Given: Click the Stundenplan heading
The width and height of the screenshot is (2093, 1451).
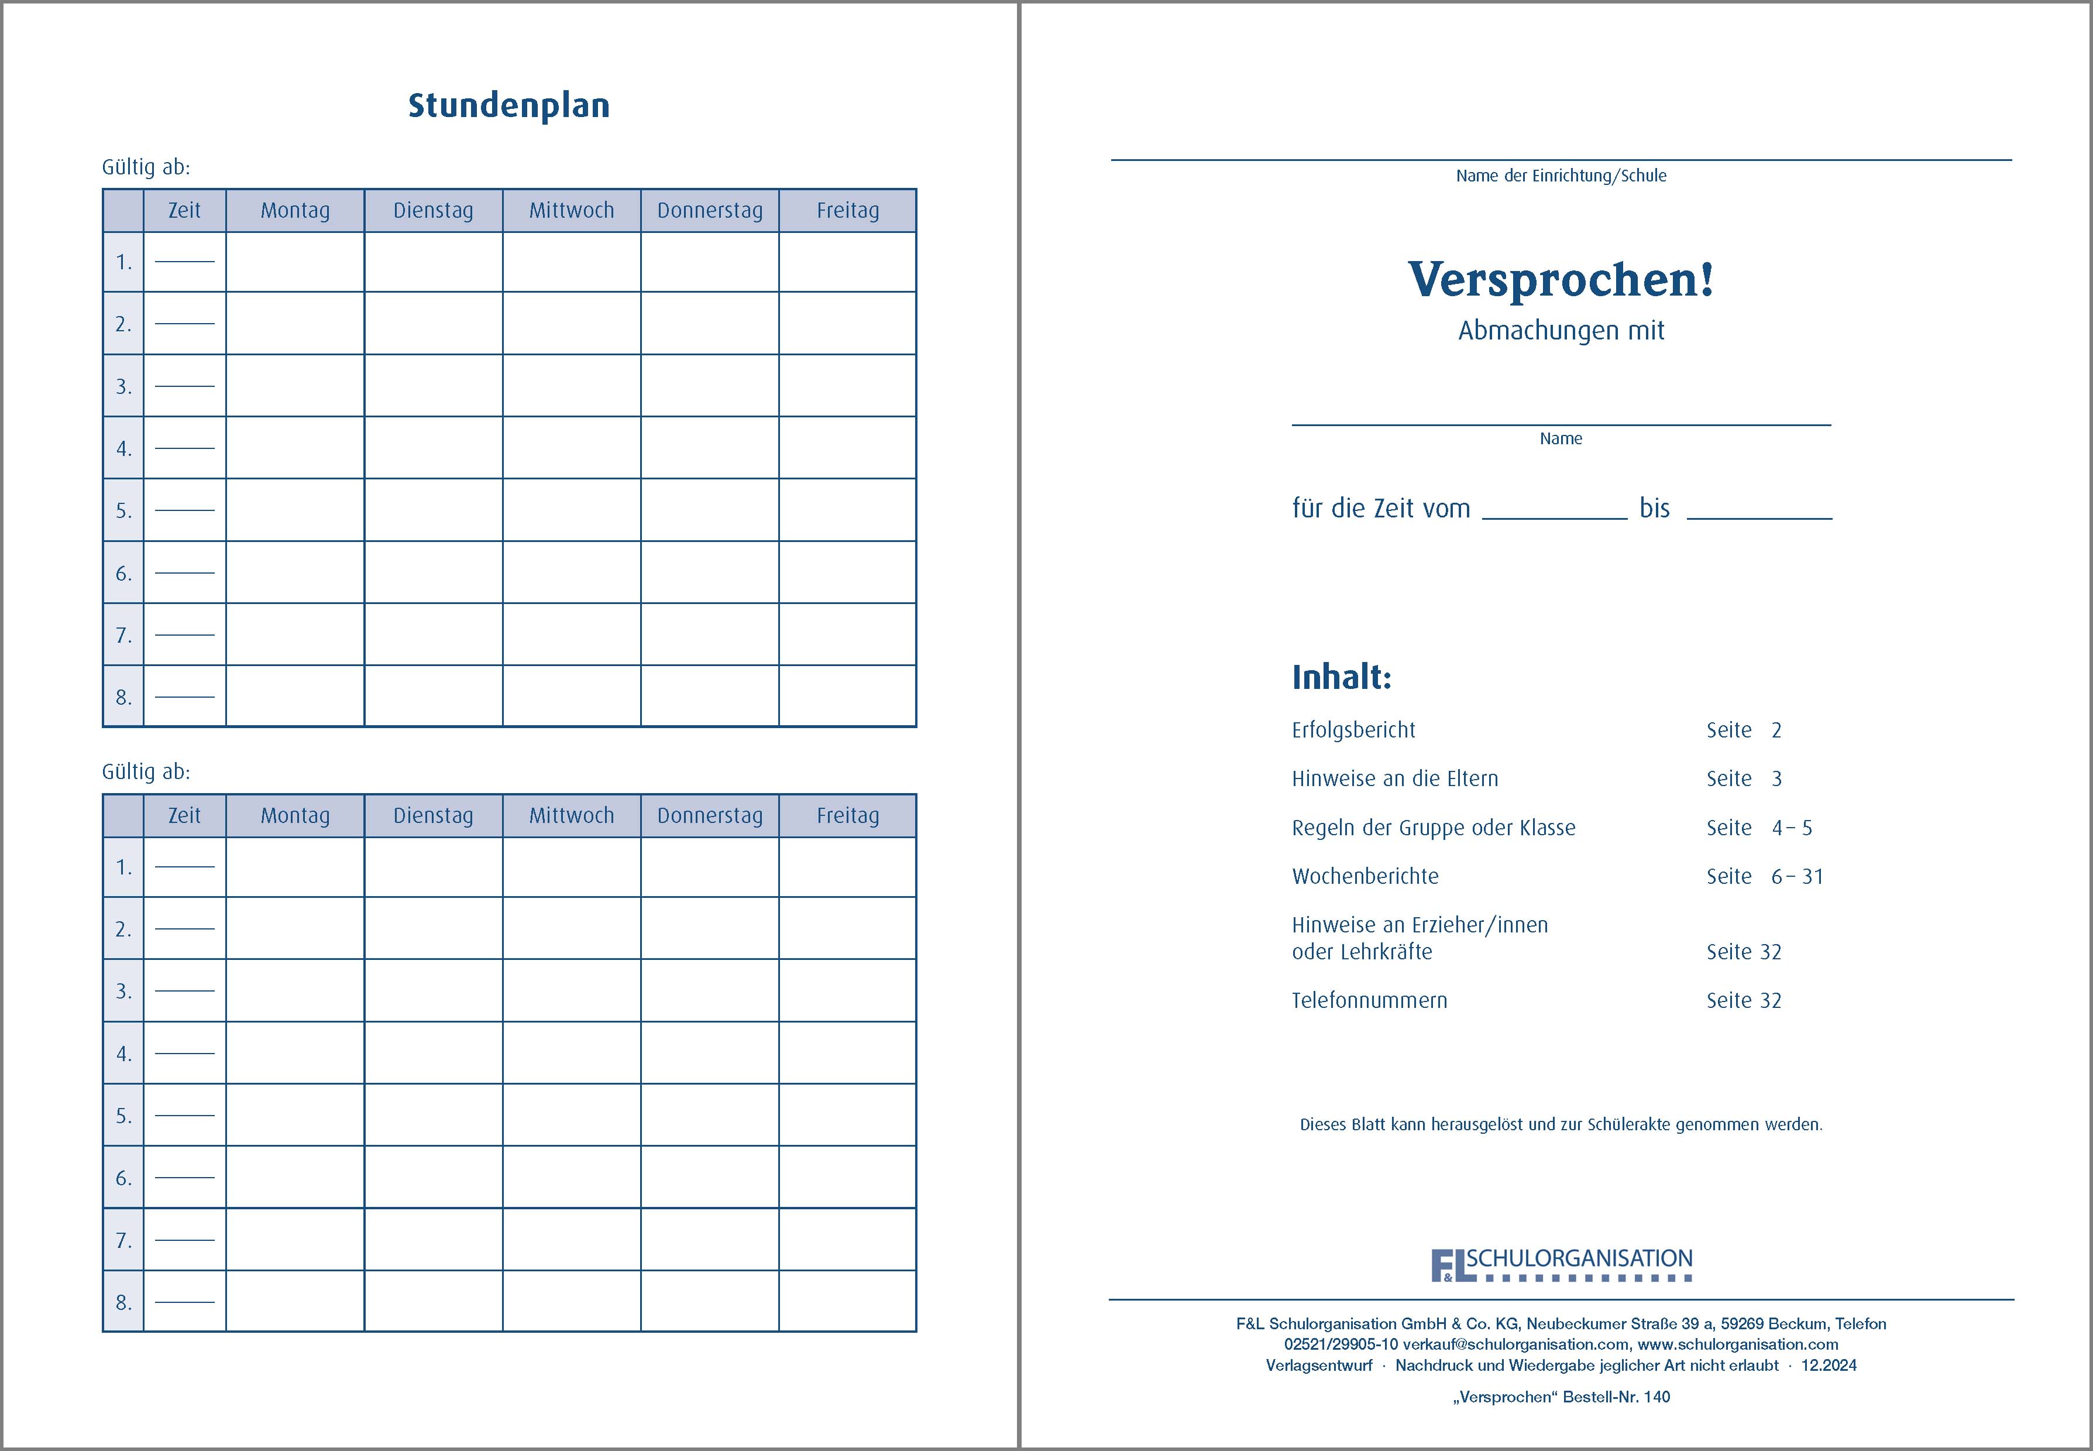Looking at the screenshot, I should pyautogui.click(x=508, y=105).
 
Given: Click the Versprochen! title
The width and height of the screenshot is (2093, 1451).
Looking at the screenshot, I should pyautogui.click(x=1561, y=279).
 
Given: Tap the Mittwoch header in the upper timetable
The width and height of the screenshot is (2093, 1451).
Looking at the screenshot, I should pyautogui.click(x=572, y=211).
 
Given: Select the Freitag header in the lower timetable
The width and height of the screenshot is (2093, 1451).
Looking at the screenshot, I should pyautogui.click(x=847, y=815).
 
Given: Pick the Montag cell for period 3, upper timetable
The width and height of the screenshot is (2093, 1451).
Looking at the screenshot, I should pyautogui.click(x=295, y=386).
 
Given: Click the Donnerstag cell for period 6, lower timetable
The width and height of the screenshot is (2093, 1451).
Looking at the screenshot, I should pyautogui.click(x=710, y=1176).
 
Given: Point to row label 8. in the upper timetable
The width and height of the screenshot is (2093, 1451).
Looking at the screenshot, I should pyautogui.click(x=123, y=697).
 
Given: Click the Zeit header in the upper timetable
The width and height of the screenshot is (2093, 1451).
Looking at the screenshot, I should pyautogui.click(x=184, y=211).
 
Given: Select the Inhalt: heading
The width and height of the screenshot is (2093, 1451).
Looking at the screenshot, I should pyautogui.click(x=1342, y=677).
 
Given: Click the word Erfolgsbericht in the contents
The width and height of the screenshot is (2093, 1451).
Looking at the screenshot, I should pyautogui.click(x=1353, y=730).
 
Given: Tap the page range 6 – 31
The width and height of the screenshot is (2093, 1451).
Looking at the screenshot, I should pyautogui.click(x=1797, y=876).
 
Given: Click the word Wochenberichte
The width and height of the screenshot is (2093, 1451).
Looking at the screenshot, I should pyautogui.click(x=1365, y=876).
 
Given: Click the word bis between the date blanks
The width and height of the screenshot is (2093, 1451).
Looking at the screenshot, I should pyautogui.click(x=1654, y=508).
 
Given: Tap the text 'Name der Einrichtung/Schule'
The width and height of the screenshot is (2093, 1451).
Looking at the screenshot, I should pyautogui.click(x=1561, y=176).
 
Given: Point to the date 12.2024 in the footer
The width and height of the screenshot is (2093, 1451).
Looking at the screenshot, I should pyautogui.click(x=1829, y=1364).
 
